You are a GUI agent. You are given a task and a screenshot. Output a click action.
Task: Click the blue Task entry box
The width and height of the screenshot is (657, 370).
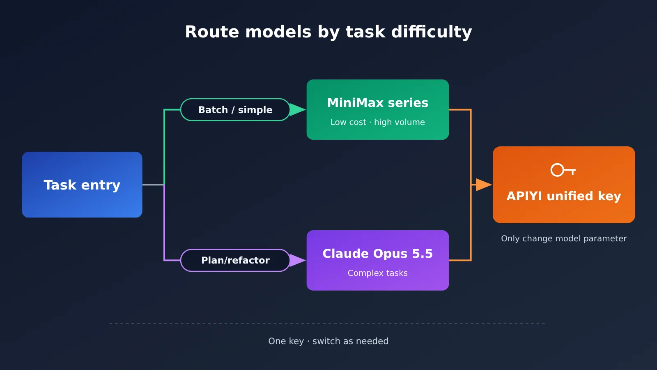coord(82,185)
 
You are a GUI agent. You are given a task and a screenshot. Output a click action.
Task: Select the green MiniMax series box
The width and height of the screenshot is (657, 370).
coord(377,109)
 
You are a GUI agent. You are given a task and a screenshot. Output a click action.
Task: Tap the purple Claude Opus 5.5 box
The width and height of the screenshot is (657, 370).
coord(377,260)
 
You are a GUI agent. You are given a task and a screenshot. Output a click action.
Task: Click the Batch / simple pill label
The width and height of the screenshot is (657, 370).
coord(235,109)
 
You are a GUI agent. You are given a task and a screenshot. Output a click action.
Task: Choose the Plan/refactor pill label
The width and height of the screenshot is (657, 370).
coord(235,260)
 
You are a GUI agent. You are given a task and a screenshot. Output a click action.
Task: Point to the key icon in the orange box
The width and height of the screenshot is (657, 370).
coord(563,170)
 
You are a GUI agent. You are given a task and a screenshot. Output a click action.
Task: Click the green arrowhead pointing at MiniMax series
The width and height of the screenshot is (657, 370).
coord(297,109)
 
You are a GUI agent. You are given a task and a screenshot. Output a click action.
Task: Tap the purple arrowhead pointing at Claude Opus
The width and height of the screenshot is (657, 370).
coord(297,260)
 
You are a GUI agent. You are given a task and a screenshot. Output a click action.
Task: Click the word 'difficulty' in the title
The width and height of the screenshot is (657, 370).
coord(432,32)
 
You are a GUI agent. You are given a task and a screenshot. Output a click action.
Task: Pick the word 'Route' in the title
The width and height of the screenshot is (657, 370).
coord(212,32)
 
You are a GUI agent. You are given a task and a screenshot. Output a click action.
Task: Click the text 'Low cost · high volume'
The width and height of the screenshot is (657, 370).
coord(377,122)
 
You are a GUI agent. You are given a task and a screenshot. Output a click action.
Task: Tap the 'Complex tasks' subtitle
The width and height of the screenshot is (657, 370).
coord(377,273)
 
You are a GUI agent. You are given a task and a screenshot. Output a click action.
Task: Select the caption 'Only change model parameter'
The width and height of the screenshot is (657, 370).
coord(564,238)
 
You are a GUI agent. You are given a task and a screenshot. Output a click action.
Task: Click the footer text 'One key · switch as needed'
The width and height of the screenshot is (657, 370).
coord(328,341)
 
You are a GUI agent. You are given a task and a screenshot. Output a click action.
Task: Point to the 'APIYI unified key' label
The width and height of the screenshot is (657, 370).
coord(564,196)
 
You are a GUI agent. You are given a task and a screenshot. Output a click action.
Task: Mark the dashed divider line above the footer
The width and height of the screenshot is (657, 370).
coord(327,323)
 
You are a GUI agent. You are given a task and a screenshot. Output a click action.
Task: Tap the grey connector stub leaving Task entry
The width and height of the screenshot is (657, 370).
coord(153,185)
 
